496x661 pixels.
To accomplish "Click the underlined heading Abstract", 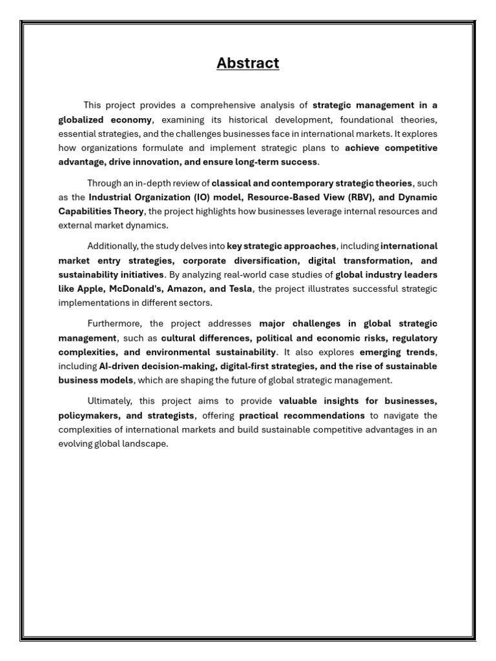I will (248, 63).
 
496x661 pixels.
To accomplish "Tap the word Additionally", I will (112, 246).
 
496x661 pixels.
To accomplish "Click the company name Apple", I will (90, 289).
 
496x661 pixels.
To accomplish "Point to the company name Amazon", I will (185, 289).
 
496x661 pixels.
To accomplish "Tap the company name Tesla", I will (240, 289).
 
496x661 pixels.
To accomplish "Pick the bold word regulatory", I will (414, 338).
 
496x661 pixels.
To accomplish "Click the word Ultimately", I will (109, 401).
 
